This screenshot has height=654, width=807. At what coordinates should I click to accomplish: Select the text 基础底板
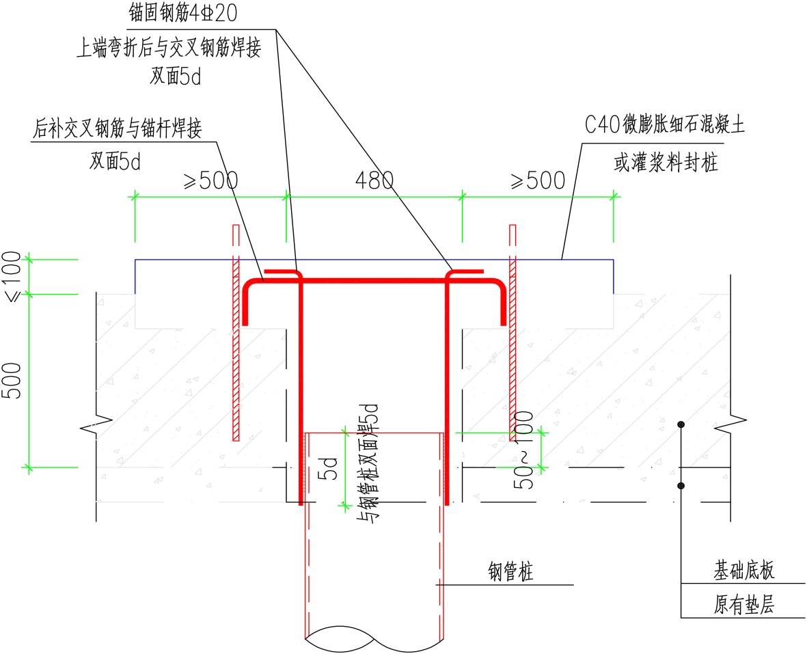coord(744,570)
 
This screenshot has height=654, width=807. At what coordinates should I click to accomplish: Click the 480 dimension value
coord(374,180)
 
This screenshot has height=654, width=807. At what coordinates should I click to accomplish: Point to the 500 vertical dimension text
coord(14,381)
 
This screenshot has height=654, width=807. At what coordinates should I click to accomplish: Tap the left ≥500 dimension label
coord(210,180)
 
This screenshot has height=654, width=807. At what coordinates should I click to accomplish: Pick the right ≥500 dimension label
coord(538,180)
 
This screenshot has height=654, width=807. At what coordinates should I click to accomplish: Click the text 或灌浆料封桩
coord(664,163)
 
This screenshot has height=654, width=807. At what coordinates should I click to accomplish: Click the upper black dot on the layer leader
coord(681,426)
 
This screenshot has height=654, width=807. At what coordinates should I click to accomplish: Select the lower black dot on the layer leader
coord(681,486)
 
